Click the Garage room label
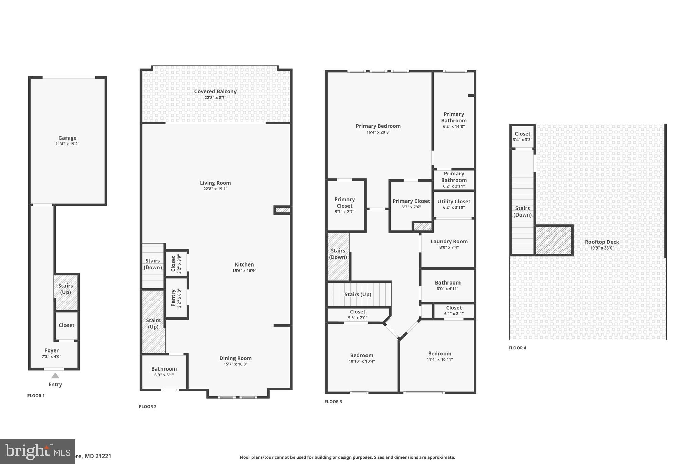(x=67, y=138)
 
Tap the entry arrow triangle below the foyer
(x=55, y=376)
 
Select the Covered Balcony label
(x=215, y=91)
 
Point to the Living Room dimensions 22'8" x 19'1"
(x=215, y=189)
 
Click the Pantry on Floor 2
(x=176, y=298)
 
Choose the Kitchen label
(x=244, y=264)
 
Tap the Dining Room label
(x=235, y=358)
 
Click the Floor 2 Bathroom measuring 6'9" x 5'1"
(x=164, y=372)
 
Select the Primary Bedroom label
(x=378, y=126)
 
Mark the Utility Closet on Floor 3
(x=454, y=204)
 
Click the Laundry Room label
(x=449, y=241)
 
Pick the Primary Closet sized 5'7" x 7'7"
(x=344, y=205)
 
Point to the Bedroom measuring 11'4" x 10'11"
(x=439, y=356)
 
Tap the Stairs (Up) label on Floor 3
(x=358, y=294)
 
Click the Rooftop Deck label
(x=602, y=242)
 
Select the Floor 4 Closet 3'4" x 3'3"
(x=522, y=136)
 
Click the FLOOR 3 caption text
(x=333, y=402)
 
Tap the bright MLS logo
(x=37, y=451)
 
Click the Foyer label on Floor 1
(x=52, y=350)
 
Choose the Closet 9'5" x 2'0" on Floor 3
(x=357, y=314)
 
